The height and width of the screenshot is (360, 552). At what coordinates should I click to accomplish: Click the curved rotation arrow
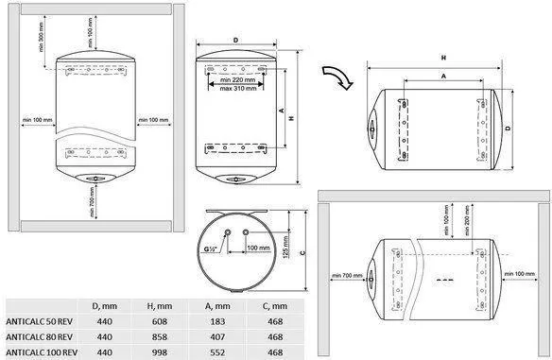[x=337, y=76]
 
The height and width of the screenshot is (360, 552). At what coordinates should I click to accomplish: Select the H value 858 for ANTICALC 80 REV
[x=160, y=337]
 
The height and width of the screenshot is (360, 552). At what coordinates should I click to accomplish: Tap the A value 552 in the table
[x=217, y=352]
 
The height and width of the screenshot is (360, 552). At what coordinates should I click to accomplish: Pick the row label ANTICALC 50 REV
[x=40, y=321]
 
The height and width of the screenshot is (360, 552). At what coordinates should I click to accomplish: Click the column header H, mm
[x=160, y=306]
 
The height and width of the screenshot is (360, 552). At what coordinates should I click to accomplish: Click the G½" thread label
[x=211, y=249]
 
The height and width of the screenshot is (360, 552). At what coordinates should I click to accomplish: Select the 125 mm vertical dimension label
[x=285, y=247]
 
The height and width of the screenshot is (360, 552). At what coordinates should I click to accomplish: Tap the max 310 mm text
[x=238, y=89]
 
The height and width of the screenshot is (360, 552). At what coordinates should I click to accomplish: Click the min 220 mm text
[x=238, y=80]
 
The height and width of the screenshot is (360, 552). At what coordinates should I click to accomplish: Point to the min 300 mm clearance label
[x=42, y=37]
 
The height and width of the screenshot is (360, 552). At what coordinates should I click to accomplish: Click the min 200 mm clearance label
[x=467, y=221]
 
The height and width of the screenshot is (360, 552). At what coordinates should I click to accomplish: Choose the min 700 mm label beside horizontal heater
[x=347, y=275]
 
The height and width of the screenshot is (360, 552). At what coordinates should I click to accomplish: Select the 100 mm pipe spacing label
[x=258, y=249]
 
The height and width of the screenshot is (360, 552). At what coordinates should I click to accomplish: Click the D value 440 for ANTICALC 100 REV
[x=105, y=352]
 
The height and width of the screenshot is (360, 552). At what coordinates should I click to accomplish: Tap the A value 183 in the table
[x=217, y=321]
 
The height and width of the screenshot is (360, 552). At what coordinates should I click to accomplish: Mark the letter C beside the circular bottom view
[x=303, y=252]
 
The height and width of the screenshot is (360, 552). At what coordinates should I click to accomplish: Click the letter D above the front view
[x=236, y=40]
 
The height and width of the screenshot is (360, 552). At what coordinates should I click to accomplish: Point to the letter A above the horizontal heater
[x=443, y=76]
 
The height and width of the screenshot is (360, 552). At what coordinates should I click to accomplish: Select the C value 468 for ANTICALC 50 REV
[x=275, y=321]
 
